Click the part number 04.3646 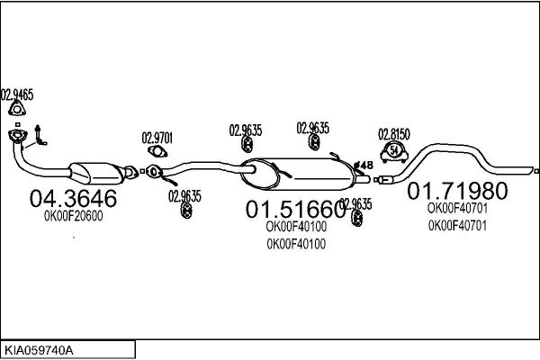(x=73, y=198)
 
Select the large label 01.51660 (x=295, y=209)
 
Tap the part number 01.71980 (x=457, y=191)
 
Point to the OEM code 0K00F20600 (x=74, y=216)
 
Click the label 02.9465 (x=17, y=94)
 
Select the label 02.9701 (x=157, y=138)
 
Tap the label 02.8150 (x=394, y=134)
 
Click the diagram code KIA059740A (x=39, y=351)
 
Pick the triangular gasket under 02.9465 (x=17, y=109)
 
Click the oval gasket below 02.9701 (x=157, y=151)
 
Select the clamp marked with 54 (x=394, y=152)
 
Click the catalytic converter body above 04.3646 (x=97, y=174)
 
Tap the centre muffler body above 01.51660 (x=298, y=174)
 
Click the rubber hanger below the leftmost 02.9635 (x=186, y=210)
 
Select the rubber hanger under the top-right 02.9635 (x=314, y=142)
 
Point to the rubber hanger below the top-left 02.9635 (x=247, y=144)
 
